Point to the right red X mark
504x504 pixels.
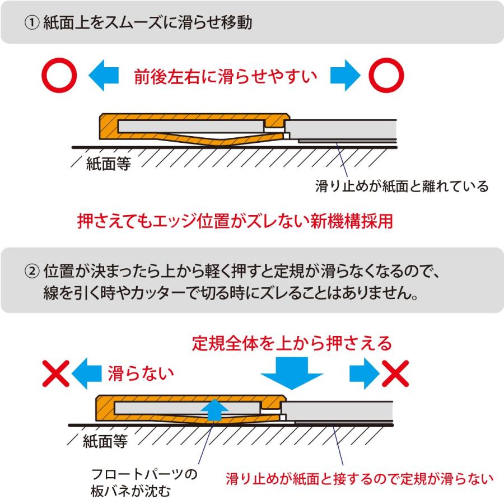pyautogui.click(x=395, y=373)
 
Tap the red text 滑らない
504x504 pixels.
pyautogui.click(x=141, y=372)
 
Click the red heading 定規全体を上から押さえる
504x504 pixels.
pyautogui.click(x=291, y=343)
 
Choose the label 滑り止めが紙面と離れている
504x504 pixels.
pyautogui.click(x=402, y=185)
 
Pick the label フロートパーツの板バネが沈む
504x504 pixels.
pyautogui.click(x=144, y=483)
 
